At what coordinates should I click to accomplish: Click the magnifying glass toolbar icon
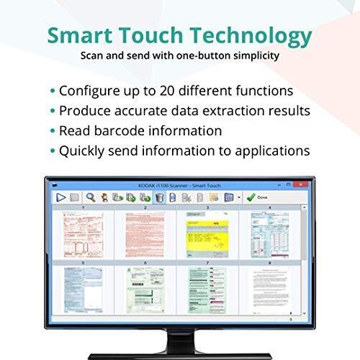[x=91, y=197]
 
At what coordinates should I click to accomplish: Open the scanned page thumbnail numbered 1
[x=84, y=236]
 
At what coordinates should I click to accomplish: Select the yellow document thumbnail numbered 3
[x=206, y=236]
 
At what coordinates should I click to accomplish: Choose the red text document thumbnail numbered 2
[x=145, y=236]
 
